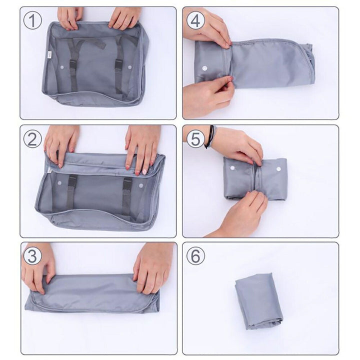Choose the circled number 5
195,138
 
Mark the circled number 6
195,256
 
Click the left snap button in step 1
62,66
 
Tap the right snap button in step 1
129,66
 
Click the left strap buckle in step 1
73,64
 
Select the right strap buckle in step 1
119,64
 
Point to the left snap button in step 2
59,184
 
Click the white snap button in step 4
204,67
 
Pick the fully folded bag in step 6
258,300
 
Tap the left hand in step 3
38,267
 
